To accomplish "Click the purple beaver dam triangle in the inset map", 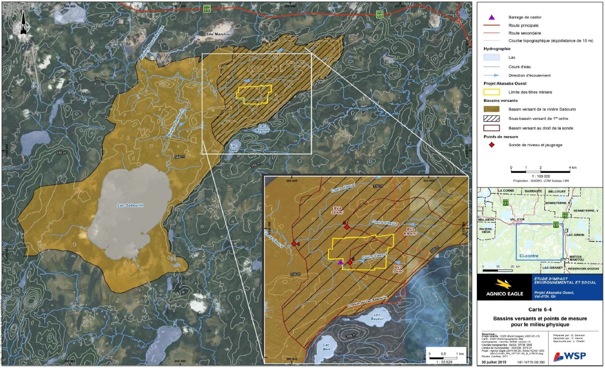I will (x=340, y=262).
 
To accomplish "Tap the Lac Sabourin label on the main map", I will (x=130, y=205).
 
